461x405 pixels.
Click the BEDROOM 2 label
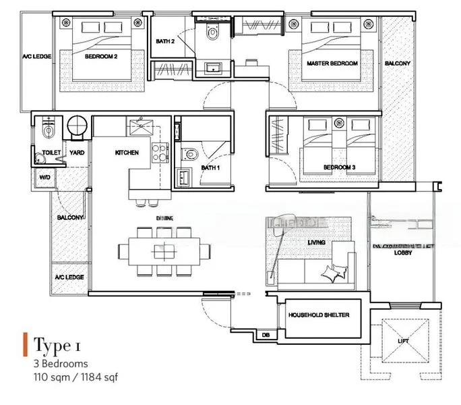click(x=101, y=57)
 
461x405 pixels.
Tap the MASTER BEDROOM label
click(x=332, y=63)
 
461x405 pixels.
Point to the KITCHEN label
click(x=127, y=153)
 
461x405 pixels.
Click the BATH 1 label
click(x=210, y=167)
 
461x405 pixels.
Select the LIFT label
click(x=403, y=342)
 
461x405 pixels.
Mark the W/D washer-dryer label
click(x=44, y=178)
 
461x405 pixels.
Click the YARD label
click(x=76, y=153)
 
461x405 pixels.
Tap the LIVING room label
click(x=317, y=242)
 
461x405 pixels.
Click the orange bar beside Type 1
click(x=25, y=345)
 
